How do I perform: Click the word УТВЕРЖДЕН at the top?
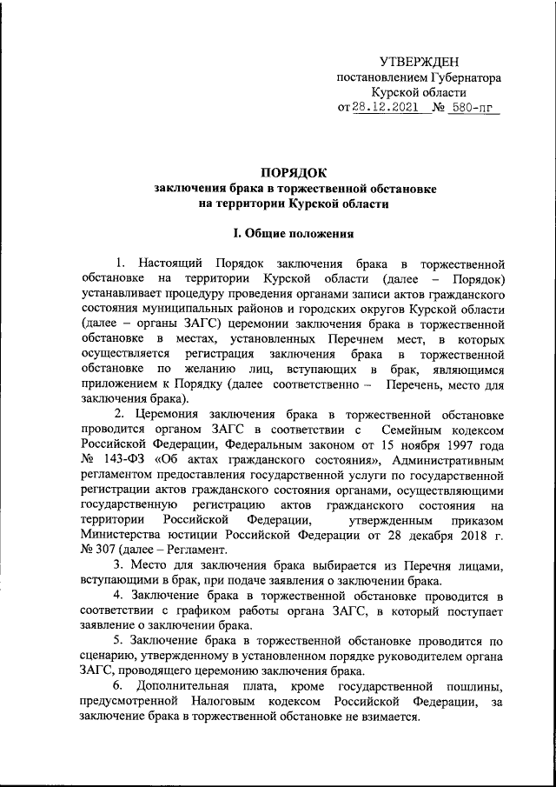pyautogui.click(x=419, y=61)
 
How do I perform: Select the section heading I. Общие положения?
pyautogui.click(x=289, y=233)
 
